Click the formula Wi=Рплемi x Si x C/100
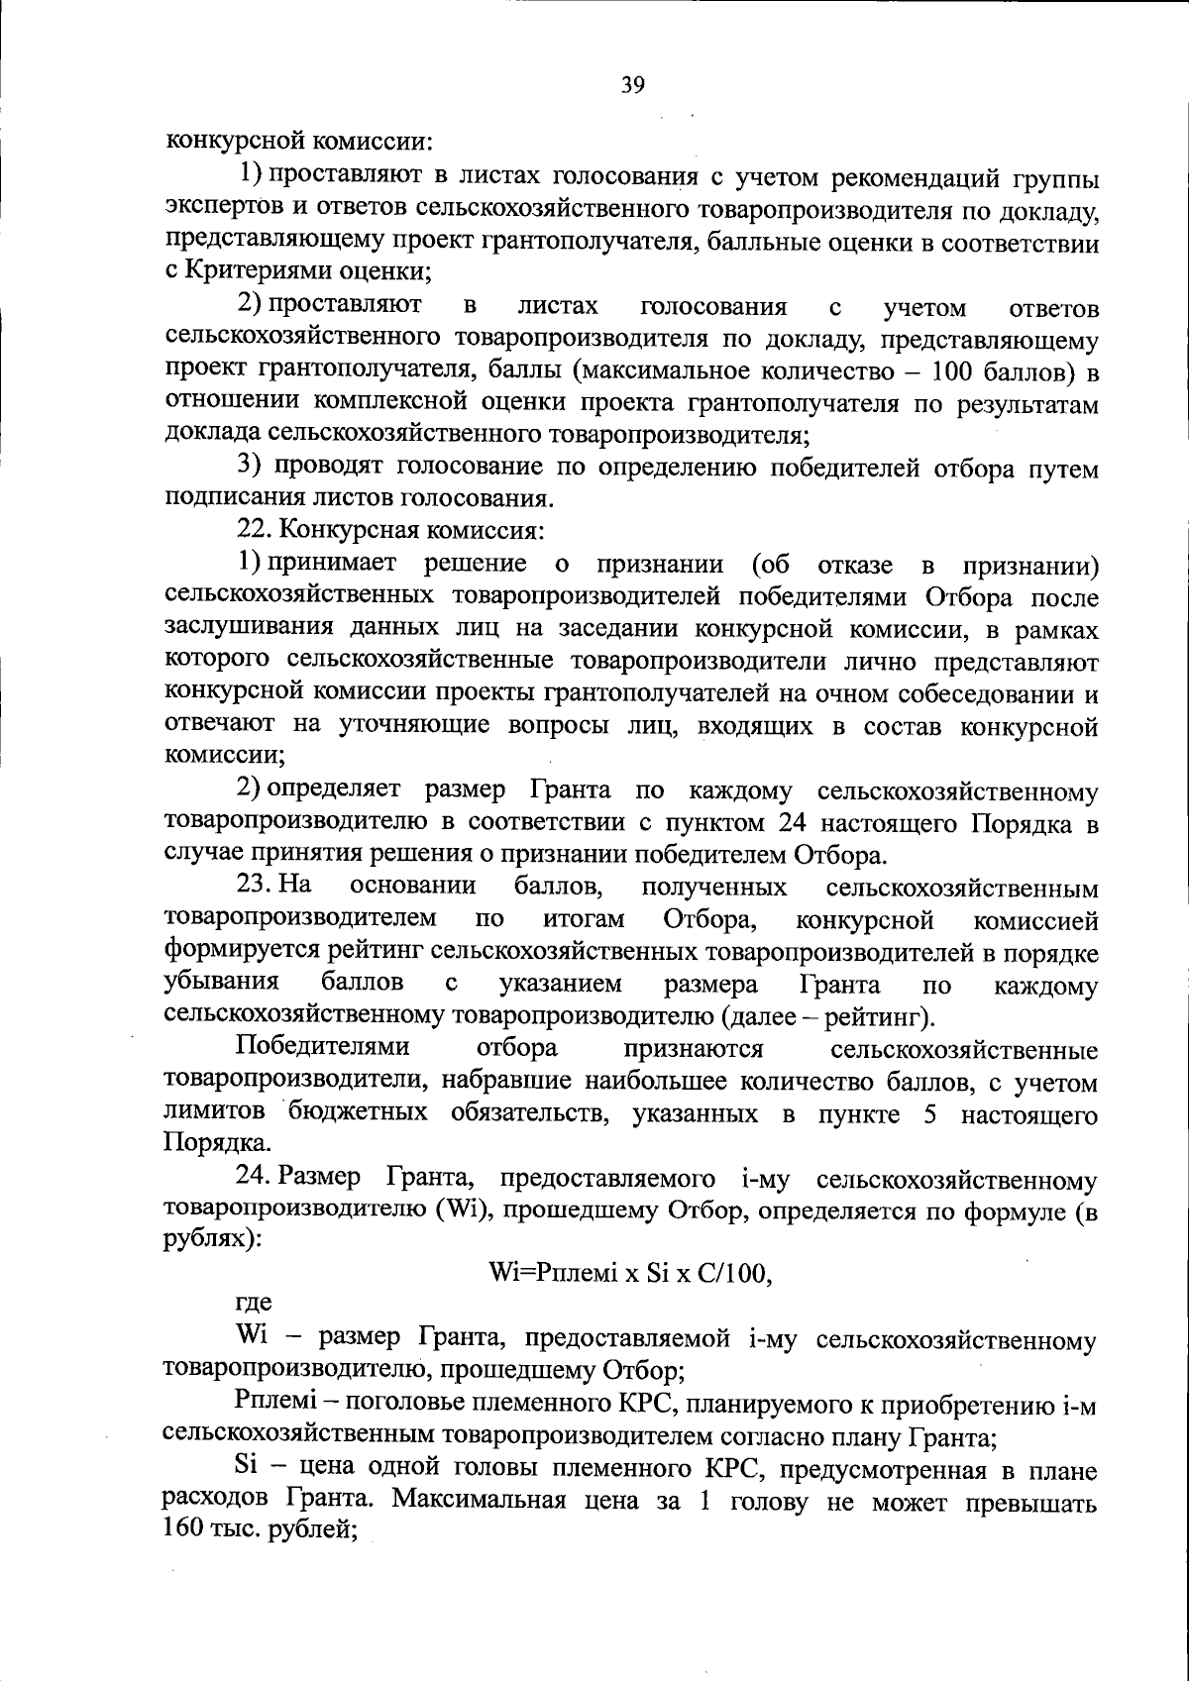point(630,1274)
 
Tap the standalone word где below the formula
point(254,1304)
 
